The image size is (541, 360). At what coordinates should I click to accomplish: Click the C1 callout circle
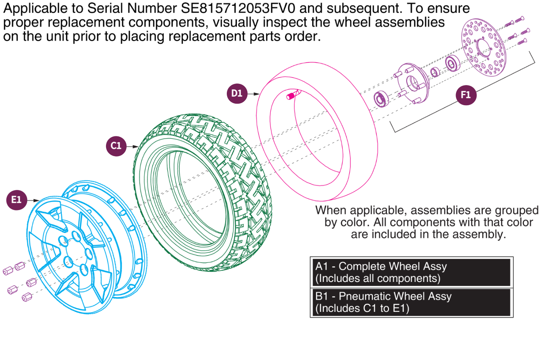pyautogui.click(x=116, y=146)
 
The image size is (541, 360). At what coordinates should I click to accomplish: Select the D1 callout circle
pyautogui.click(x=237, y=94)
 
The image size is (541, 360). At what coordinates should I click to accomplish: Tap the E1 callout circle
pyautogui.click(x=17, y=200)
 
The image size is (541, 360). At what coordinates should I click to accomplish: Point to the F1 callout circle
pyautogui.click(x=466, y=95)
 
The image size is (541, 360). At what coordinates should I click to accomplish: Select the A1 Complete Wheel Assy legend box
pyautogui.click(x=411, y=272)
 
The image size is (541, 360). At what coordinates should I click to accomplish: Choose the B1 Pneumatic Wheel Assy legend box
pyautogui.click(x=411, y=302)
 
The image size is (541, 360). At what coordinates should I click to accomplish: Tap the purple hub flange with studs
pyautogui.click(x=412, y=83)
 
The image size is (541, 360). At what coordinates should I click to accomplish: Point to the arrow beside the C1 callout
pyautogui.click(x=133, y=146)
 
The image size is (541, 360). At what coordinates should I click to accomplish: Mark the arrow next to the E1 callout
pyautogui.click(x=34, y=200)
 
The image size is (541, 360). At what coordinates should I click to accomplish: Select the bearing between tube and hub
pyautogui.click(x=381, y=99)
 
